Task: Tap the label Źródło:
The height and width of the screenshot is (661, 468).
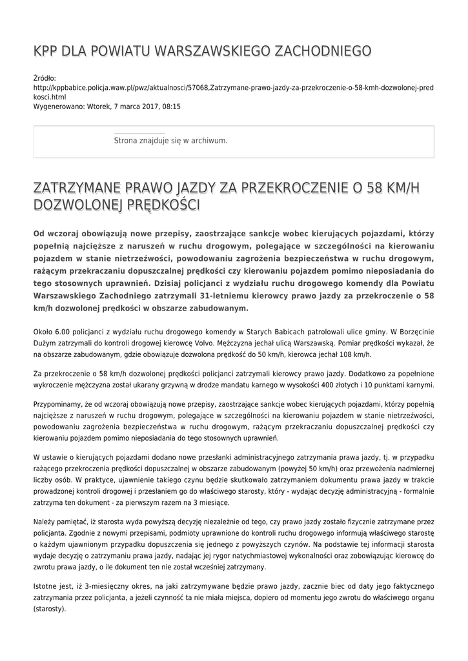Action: point(45,78)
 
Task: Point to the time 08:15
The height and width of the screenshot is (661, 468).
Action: point(170,106)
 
